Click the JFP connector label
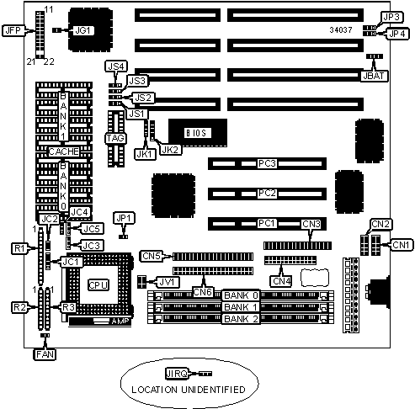point(13,30)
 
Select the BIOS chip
point(198,133)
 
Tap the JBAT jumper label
point(374,76)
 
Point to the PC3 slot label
point(267,163)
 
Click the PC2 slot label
point(267,194)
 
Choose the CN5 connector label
point(152,256)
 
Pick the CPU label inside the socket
point(98,285)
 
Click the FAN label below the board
point(45,354)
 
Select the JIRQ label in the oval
point(177,374)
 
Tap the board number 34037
point(341,30)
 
